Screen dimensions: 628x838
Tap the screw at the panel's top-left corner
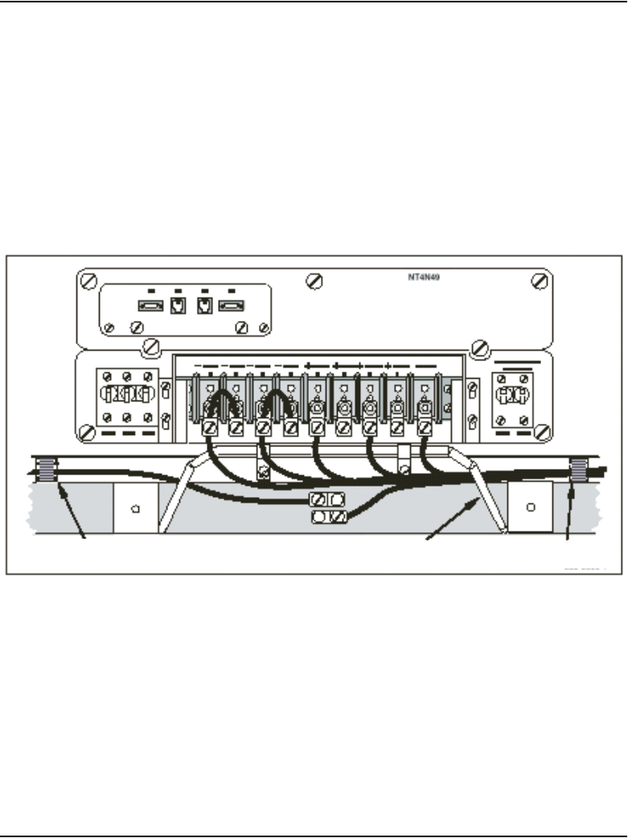point(88,283)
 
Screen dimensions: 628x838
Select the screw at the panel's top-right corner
point(538,280)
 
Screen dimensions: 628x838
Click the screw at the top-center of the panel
point(315,281)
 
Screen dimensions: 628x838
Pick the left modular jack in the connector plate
point(177,306)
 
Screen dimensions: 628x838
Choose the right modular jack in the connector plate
point(202,306)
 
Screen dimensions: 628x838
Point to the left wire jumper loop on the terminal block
point(222,401)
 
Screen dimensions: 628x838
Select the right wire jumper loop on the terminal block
point(276,401)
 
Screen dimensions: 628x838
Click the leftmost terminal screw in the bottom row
point(209,427)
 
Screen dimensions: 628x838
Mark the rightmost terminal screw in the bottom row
point(424,427)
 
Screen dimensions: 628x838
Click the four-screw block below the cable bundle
point(328,508)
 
